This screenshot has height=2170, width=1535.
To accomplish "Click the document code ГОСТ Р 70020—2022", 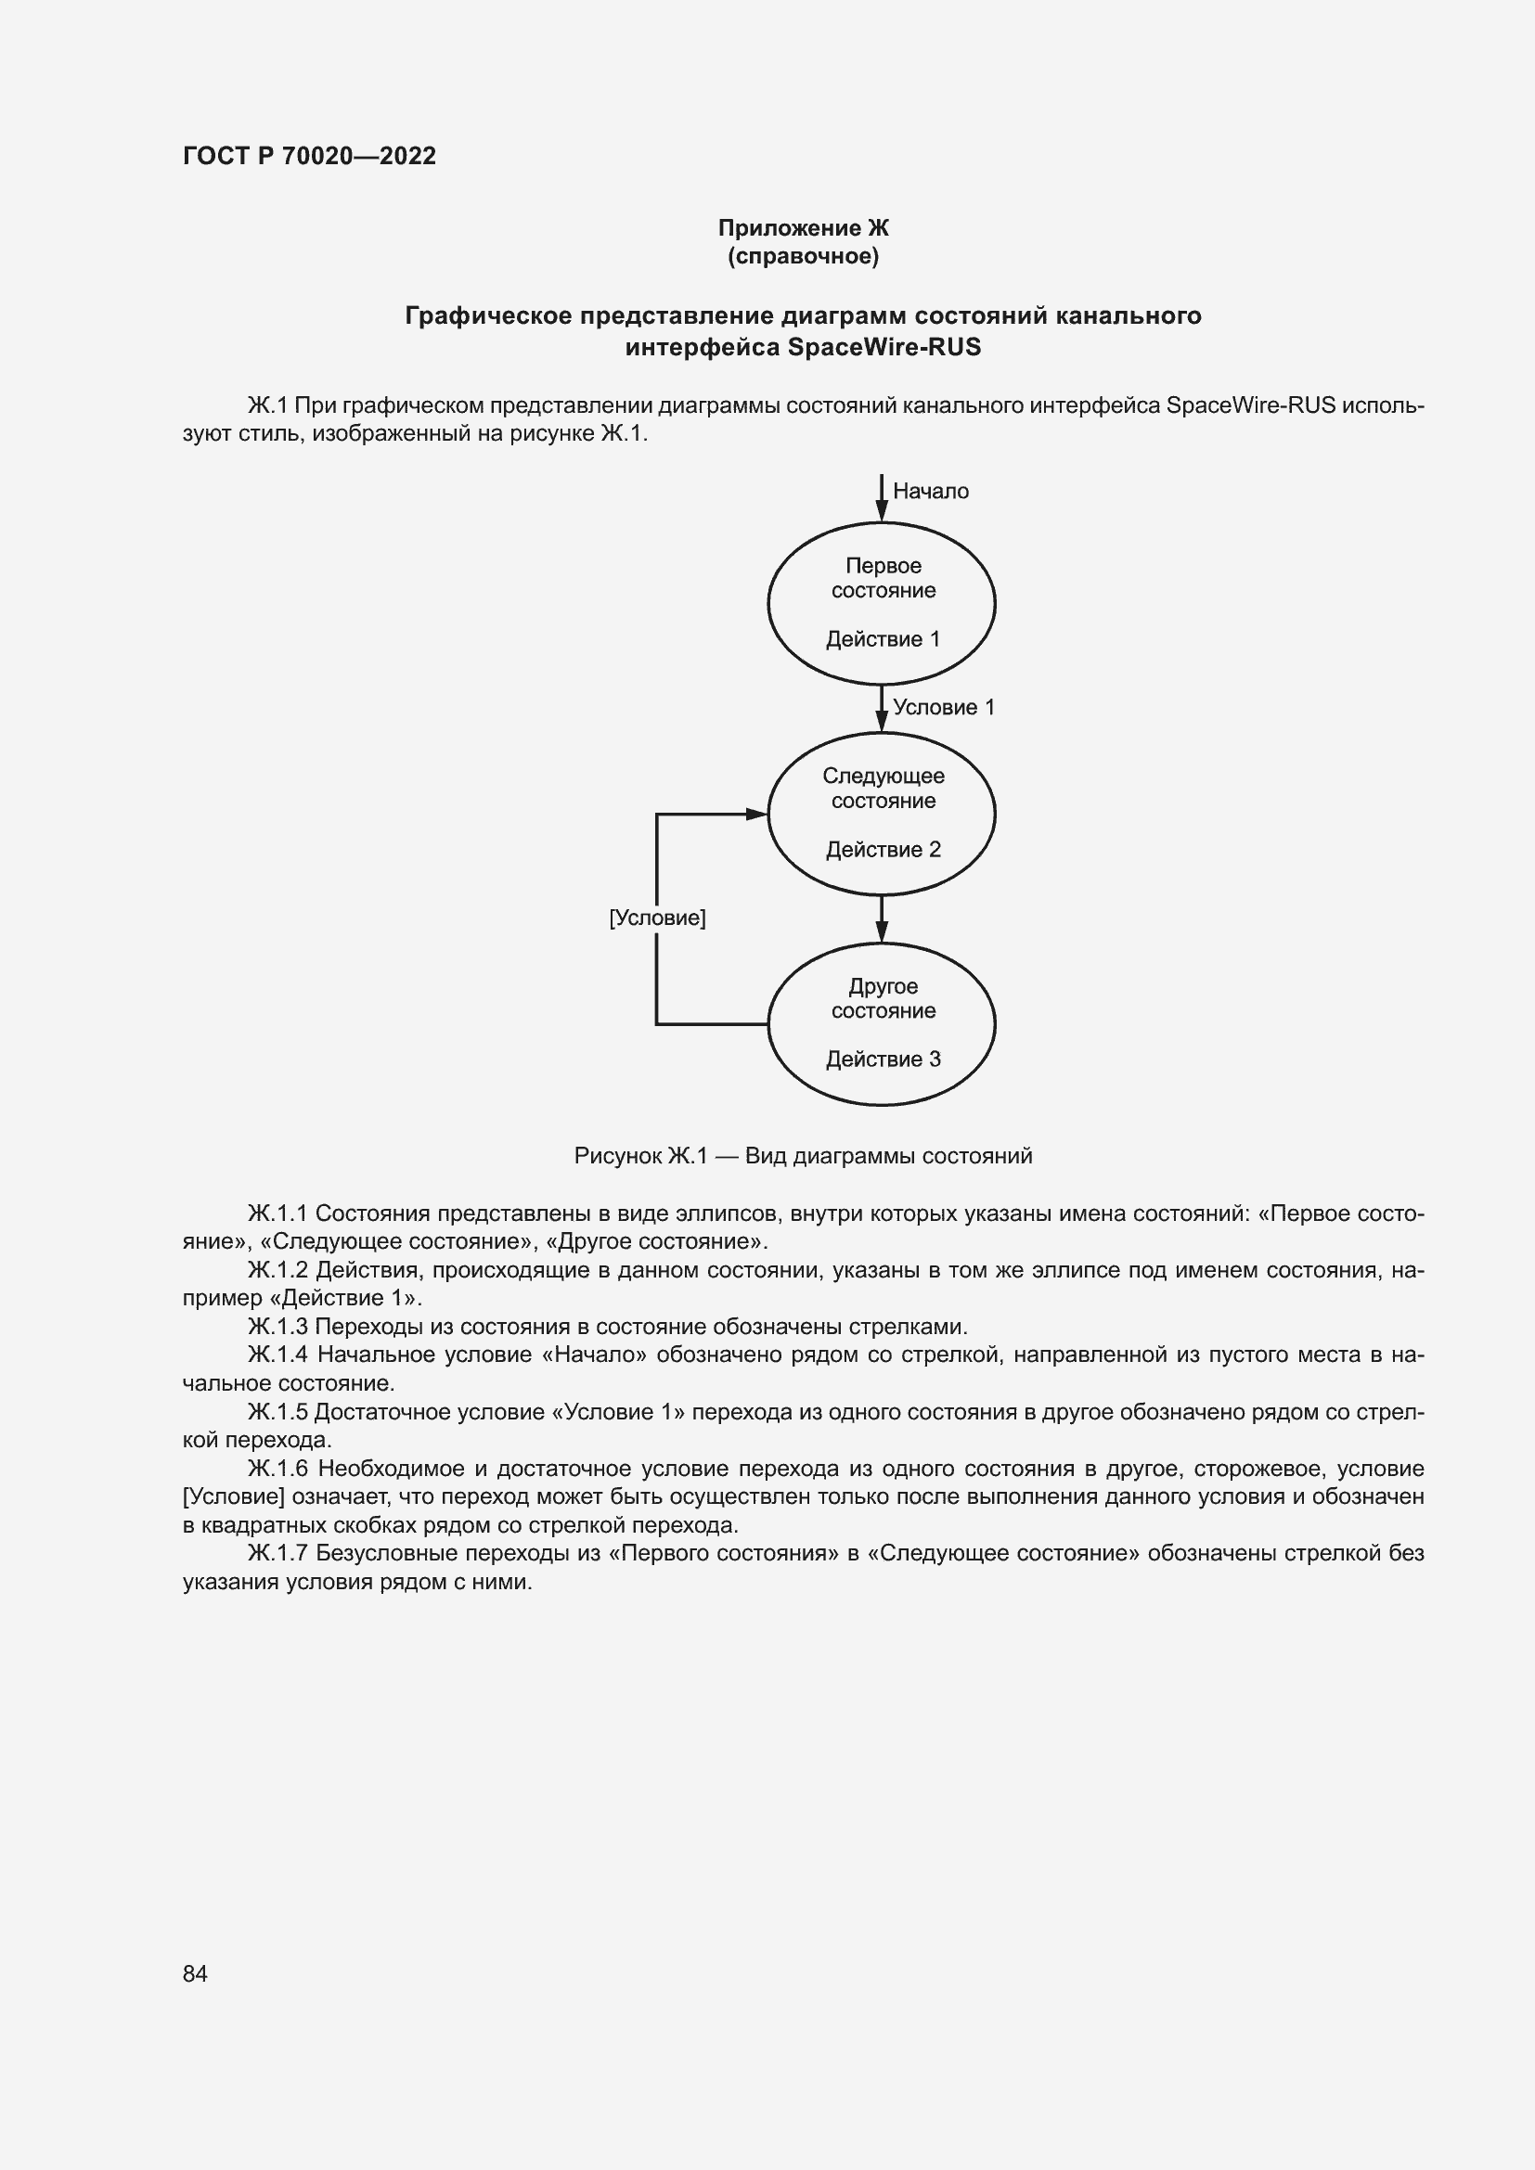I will click(x=309, y=156).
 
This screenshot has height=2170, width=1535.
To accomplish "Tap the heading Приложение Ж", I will click(x=803, y=228).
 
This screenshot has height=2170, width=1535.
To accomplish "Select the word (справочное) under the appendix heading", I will click(x=803, y=256).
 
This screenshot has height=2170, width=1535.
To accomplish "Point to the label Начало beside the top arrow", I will click(x=930, y=491).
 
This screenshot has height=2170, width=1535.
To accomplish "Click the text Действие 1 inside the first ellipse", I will click(x=883, y=639).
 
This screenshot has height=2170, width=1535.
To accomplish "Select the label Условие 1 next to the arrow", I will click(x=943, y=707).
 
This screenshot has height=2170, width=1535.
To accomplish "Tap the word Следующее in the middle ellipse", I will click(x=883, y=776).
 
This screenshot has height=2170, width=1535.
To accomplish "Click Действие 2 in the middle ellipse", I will click(x=883, y=850).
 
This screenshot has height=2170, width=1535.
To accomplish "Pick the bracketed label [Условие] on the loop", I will click(x=657, y=918).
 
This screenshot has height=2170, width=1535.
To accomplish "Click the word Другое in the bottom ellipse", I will click(x=883, y=986).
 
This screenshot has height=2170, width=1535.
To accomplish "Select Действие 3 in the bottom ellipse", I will click(x=883, y=1059).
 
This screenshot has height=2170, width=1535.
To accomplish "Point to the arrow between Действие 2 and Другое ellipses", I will click(x=881, y=919).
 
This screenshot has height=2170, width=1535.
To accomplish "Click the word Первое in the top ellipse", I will click(x=883, y=565).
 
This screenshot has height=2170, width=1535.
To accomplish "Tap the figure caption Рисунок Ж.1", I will click(x=640, y=1156).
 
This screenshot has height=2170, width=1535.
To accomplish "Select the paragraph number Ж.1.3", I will click(x=277, y=1327).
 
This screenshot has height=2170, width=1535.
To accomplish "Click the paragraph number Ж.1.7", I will click(x=277, y=1553).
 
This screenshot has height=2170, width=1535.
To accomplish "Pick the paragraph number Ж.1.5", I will click(x=277, y=1412).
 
